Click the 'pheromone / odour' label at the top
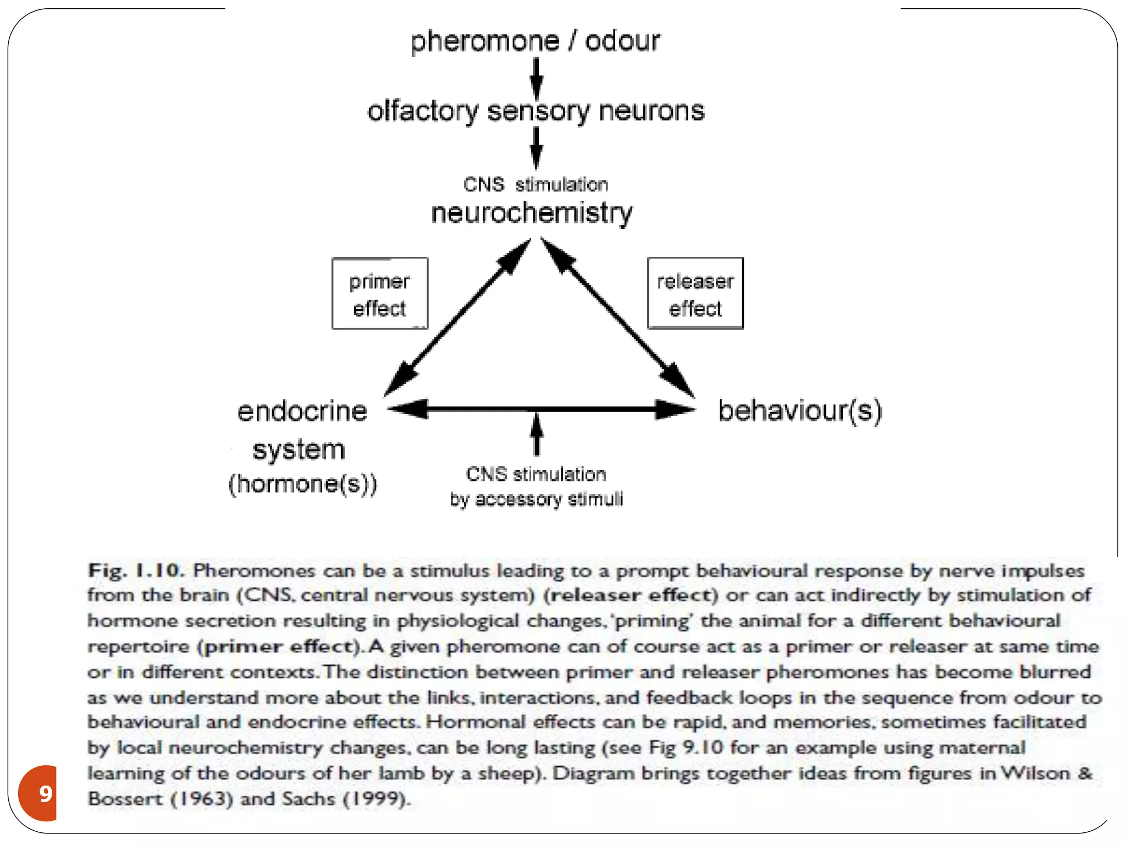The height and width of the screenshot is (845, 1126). (x=535, y=41)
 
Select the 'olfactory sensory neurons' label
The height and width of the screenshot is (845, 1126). (x=536, y=111)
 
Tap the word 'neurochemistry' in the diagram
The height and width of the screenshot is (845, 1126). (x=532, y=213)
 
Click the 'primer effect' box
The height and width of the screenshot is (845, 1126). (x=379, y=294)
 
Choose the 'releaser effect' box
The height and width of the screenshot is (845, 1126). (x=695, y=294)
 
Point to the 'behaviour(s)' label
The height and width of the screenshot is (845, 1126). (x=800, y=411)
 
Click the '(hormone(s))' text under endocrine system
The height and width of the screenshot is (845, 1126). (x=303, y=484)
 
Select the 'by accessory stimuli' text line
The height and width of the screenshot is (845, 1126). (x=536, y=499)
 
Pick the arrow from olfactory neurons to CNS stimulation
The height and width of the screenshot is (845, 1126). (x=536, y=147)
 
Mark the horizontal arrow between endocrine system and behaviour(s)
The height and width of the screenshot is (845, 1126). (x=542, y=409)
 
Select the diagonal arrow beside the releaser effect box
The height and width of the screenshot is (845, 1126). (x=618, y=317)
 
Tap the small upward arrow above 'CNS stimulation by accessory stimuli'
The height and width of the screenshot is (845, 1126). (x=537, y=435)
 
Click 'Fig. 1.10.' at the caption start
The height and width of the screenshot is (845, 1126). (x=135, y=570)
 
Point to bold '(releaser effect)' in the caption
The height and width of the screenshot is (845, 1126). (x=631, y=595)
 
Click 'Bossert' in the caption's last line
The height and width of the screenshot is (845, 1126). (x=125, y=798)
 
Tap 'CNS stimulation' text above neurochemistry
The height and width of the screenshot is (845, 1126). (x=536, y=184)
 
